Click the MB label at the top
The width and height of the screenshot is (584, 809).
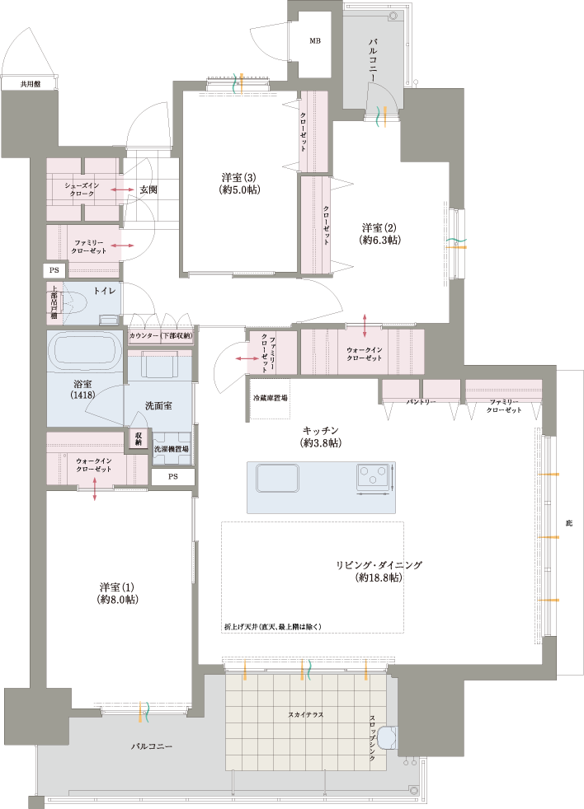[315, 40]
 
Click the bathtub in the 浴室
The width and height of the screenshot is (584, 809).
[85, 348]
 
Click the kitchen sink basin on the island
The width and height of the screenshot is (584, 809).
[277, 479]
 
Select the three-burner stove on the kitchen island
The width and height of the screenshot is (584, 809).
[373, 477]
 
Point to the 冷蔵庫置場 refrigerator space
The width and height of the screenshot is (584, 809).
[270, 399]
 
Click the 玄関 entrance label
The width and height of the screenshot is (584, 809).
[148, 189]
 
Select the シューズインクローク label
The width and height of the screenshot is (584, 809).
[82, 189]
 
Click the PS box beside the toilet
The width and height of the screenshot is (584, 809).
[54, 270]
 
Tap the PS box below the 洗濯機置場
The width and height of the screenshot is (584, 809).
[173, 477]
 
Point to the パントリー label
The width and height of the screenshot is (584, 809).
[421, 401]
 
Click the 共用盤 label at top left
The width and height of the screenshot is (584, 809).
[31, 83]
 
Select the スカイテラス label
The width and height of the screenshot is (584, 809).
[306, 714]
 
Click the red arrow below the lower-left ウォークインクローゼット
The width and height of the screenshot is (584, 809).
[95, 489]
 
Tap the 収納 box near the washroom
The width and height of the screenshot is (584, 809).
[139, 438]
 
